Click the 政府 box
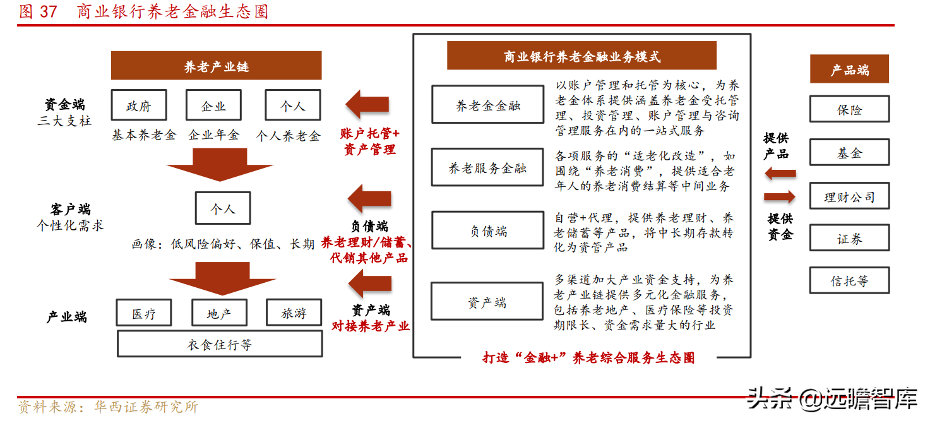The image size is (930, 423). pyautogui.click(x=139, y=105)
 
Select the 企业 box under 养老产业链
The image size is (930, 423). pyautogui.click(x=213, y=105)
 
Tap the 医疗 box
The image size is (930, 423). pyautogui.click(x=144, y=313)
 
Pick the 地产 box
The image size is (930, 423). pyautogui.click(x=219, y=313)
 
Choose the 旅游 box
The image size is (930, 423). pyautogui.click(x=294, y=313)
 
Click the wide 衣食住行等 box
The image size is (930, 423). pyautogui.click(x=220, y=344)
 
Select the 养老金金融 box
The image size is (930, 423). pyautogui.click(x=487, y=105)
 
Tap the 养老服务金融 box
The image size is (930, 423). pyautogui.click(x=487, y=167)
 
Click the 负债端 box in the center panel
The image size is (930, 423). pyautogui.click(x=487, y=231)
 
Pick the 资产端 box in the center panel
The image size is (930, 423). pyautogui.click(x=487, y=302)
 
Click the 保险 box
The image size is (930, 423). pyautogui.click(x=849, y=109)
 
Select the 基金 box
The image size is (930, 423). pyautogui.click(x=849, y=153)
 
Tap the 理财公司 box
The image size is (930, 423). pyautogui.click(x=849, y=196)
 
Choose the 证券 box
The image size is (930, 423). pyautogui.click(x=849, y=239)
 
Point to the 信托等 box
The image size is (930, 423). pyautogui.click(x=849, y=280)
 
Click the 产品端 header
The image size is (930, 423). pyautogui.click(x=849, y=69)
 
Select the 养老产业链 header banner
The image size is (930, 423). pyautogui.click(x=217, y=66)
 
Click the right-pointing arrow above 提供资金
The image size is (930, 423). pyautogui.click(x=779, y=197)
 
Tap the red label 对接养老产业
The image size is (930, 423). pyautogui.click(x=371, y=326)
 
